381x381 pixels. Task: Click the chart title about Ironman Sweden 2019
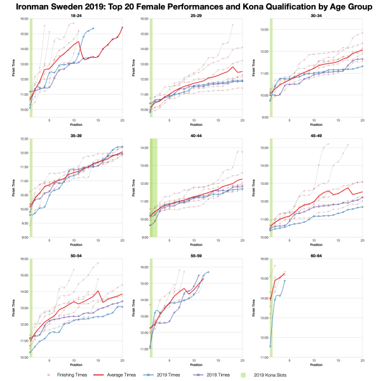190,6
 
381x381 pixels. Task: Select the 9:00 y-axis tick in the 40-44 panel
144,237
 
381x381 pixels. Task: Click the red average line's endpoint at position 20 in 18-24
123,27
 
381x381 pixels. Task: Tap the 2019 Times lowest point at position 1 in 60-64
271,346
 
